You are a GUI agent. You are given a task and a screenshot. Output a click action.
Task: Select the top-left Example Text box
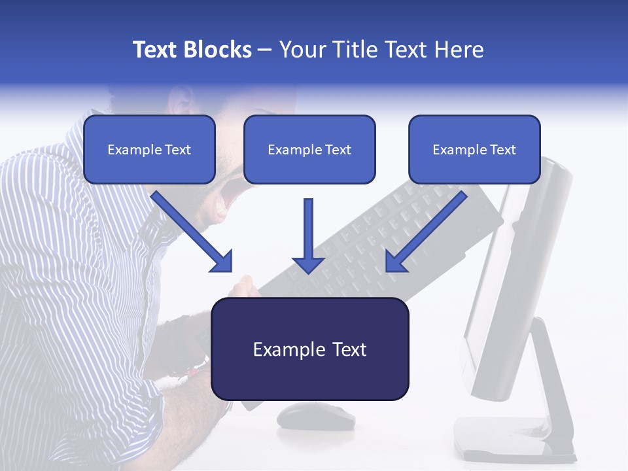(149, 149)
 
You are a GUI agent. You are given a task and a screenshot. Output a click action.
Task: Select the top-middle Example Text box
(309, 149)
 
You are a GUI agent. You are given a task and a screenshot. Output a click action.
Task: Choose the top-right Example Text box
(474, 149)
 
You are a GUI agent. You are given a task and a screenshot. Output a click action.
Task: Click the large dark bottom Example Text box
(310, 349)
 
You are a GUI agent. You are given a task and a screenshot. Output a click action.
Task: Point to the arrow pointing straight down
(308, 239)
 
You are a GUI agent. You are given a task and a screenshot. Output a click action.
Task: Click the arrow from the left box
(193, 232)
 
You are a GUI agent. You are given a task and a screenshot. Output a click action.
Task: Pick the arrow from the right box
(425, 232)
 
